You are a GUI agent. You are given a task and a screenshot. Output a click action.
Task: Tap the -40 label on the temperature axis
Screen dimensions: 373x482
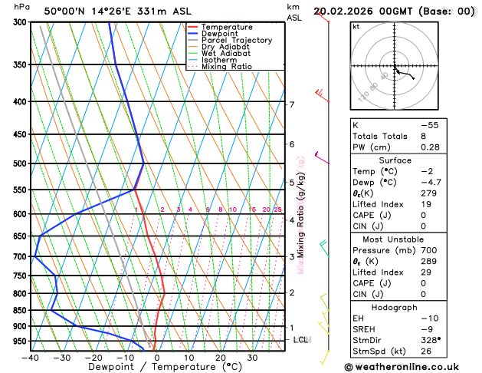(31, 357)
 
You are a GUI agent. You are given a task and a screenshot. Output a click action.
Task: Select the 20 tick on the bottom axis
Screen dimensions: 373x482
(220, 357)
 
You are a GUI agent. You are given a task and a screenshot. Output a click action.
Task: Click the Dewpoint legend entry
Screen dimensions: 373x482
(221, 34)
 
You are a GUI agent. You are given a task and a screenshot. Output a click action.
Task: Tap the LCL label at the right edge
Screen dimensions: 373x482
(301, 339)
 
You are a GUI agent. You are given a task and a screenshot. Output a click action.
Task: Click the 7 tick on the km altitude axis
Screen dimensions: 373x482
(291, 104)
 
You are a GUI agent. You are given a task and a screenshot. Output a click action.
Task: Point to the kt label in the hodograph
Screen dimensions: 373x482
(356, 27)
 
